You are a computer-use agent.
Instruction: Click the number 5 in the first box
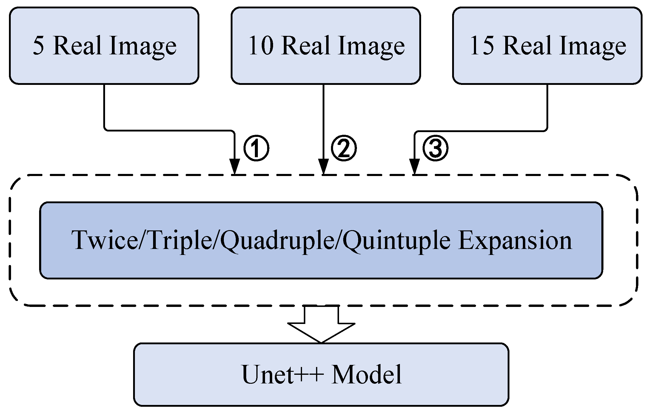[38, 45]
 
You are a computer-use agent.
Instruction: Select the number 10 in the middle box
[260, 45]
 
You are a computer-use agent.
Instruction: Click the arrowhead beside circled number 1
[235, 166]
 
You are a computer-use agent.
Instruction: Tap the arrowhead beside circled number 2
[324, 166]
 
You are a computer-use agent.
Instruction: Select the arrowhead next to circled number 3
[414, 166]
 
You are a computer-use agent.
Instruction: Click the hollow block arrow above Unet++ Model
[321, 326]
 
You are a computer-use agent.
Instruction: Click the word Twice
[104, 240]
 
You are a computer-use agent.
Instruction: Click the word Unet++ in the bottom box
[282, 375]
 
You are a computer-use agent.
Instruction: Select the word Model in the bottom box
[367, 375]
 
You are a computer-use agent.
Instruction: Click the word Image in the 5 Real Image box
[143, 47]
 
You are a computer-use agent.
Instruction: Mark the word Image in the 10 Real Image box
[371, 47]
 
